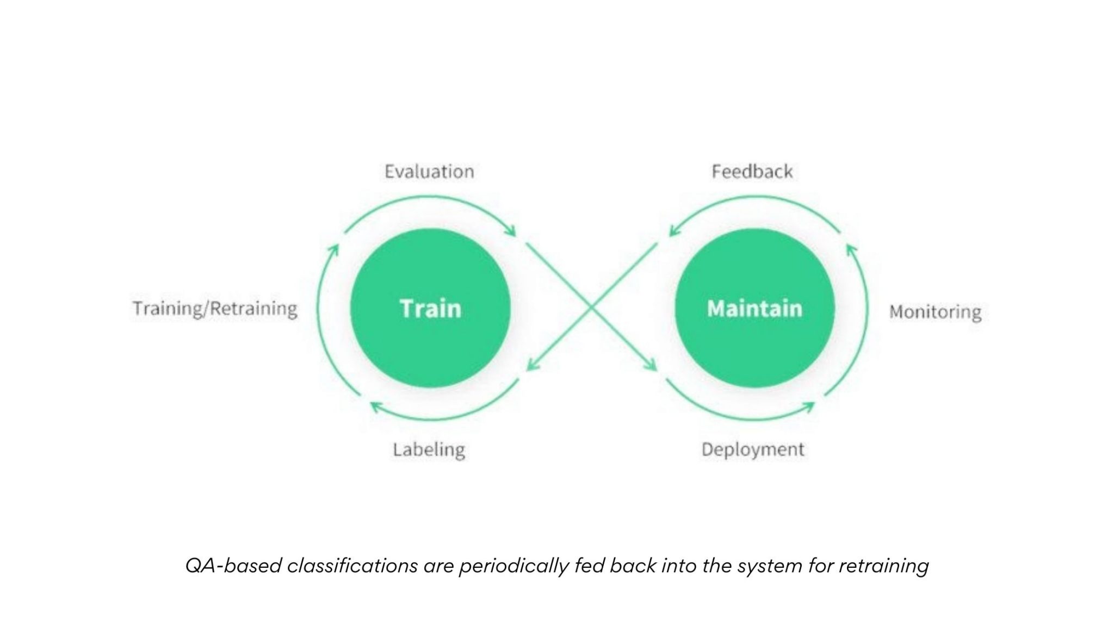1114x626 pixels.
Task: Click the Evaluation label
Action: (x=429, y=172)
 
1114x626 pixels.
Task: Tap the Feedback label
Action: (x=752, y=172)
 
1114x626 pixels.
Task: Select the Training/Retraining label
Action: (x=215, y=309)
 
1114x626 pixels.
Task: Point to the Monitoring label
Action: (x=935, y=312)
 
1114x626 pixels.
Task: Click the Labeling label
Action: (x=429, y=450)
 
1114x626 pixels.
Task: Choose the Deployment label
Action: (x=752, y=449)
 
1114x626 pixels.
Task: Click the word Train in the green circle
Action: (x=430, y=309)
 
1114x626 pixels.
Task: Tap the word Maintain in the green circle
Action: (x=754, y=309)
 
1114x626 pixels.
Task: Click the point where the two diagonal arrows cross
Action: (x=592, y=307)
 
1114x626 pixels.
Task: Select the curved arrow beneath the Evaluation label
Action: (x=430, y=198)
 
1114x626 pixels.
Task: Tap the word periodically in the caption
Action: (x=513, y=566)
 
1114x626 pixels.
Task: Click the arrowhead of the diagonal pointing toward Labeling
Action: (x=530, y=367)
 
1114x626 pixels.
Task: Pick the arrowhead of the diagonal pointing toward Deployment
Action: (x=653, y=367)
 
